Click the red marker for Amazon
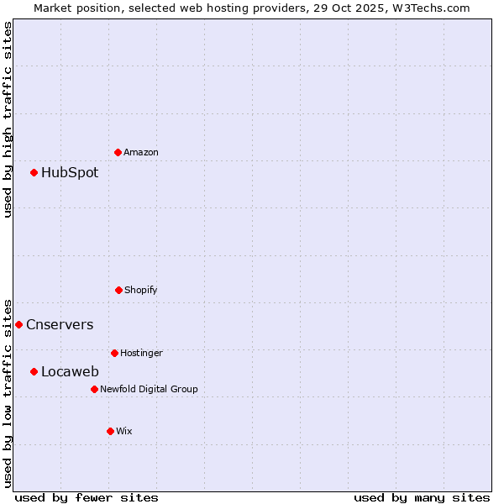coord(118,152)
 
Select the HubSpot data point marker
coord(34,172)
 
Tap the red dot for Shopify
coord(118,290)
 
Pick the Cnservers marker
coord(18,324)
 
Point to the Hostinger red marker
coord(114,353)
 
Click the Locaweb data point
coord(34,371)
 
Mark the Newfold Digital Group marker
coord(94,389)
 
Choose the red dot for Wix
coord(110,431)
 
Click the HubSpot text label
coord(70,173)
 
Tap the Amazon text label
coord(141,153)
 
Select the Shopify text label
coord(141,291)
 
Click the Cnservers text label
coord(60,325)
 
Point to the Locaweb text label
coord(70,372)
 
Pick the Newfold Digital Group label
coord(149,390)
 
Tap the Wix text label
coord(124,432)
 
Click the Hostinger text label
coord(141,354)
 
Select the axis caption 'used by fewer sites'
coord(87,497)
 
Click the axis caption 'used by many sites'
coord(422,497)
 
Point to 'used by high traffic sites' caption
coord(8,119)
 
